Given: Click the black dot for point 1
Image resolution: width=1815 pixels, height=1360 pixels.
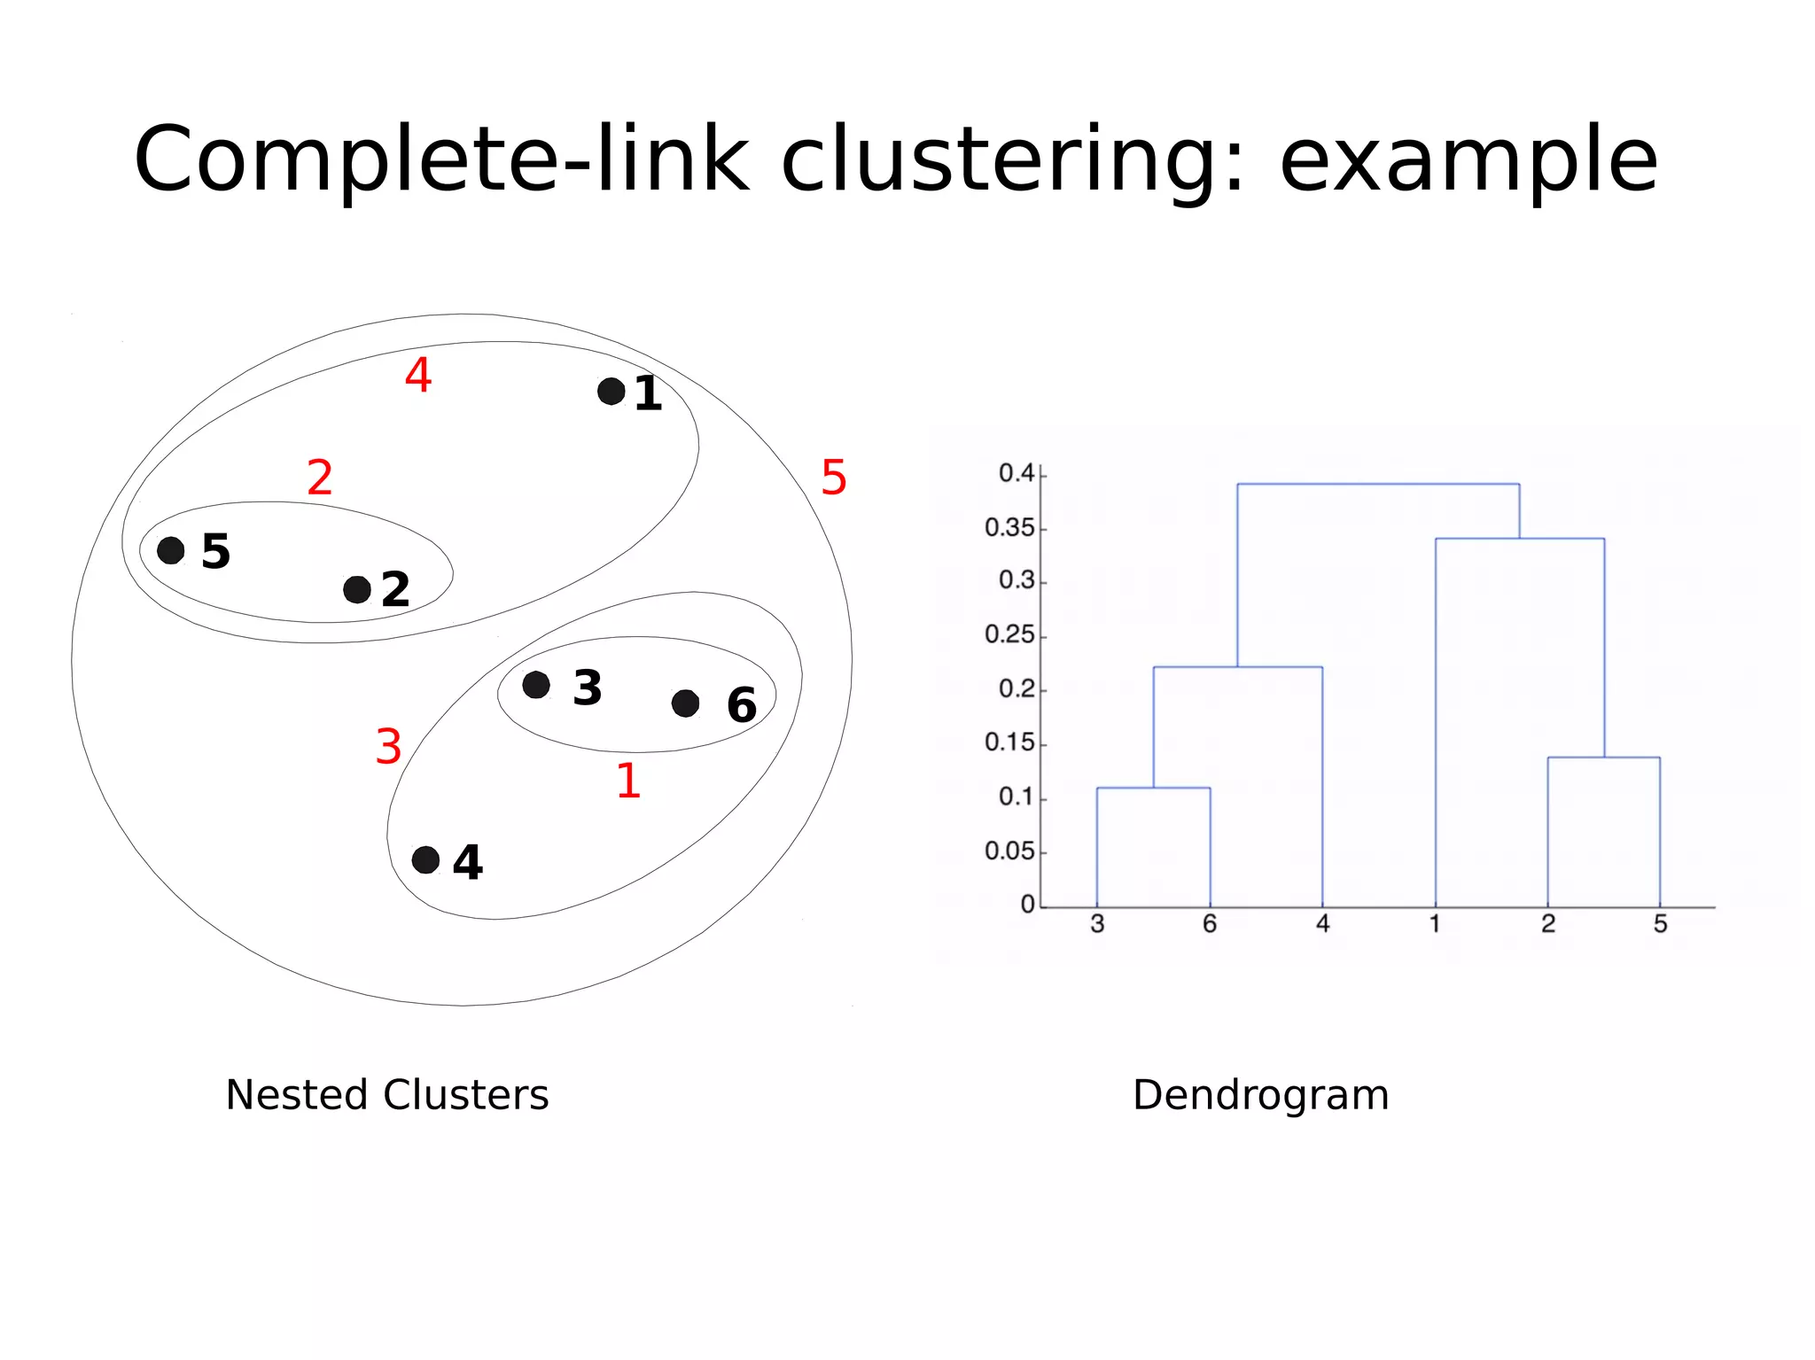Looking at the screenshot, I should (x=611, y=391).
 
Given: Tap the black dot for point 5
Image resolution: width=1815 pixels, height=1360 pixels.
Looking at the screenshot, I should (x=170, y=550).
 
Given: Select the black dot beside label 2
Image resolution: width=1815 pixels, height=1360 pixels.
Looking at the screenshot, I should (x=356, y=589).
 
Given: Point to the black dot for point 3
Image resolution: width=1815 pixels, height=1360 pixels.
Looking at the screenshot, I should (x=536, y=685).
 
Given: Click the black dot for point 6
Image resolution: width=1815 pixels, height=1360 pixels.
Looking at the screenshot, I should (x=685, y=703).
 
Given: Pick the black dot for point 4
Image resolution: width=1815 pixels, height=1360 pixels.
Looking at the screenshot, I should (x=425, y=859).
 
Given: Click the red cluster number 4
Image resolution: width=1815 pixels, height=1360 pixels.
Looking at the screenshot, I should (x=418, y=375).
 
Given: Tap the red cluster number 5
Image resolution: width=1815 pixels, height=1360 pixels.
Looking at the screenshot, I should (x=834, y=478).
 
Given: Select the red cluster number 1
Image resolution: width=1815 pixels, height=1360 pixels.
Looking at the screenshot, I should (x=628, y=781).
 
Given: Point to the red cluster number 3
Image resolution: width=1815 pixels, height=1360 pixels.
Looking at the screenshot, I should (x=388, y=746).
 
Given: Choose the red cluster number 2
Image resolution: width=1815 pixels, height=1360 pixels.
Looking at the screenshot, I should (x=320, y=478).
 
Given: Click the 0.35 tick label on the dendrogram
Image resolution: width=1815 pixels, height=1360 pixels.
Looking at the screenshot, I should (x=1009, y=528).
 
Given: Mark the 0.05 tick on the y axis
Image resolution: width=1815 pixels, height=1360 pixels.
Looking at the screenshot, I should (x=1009, y=851).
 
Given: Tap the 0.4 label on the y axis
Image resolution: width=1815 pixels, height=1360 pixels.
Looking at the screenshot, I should (x=1017, y=473).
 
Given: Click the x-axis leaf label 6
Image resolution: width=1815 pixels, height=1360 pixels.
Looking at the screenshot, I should (x=1210, y=924).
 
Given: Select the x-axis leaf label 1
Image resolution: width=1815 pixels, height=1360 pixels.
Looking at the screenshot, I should (x=1435, y=924).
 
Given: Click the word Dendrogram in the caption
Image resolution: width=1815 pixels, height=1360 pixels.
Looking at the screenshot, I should (x=1260, y=1096).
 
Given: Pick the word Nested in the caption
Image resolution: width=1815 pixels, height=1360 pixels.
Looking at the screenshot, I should (x=299, y=1095).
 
